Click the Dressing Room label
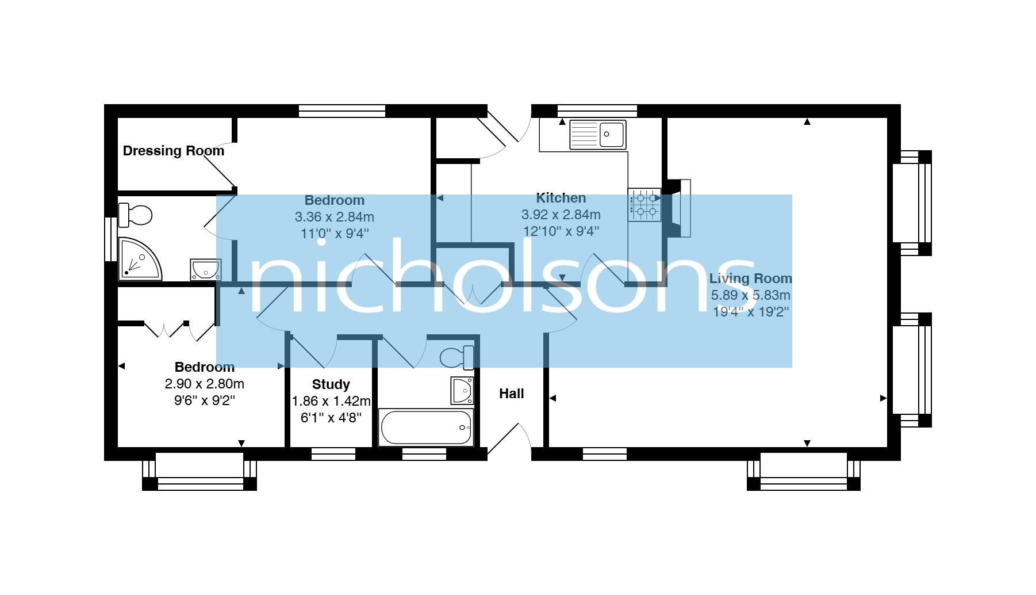(173, 151)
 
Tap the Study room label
(331, 384)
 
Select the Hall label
(511, 394)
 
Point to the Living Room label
(750, 279)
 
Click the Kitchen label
(561, 198)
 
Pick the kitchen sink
(597, 135)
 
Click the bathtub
(426, 427)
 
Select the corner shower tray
(139, 260)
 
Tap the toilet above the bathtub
(457, 358)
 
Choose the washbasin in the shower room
(205, 269)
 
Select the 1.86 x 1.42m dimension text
(331, 401)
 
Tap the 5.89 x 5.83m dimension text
(750, 295)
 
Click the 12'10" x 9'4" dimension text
(561, 231)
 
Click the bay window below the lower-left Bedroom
(199, 471)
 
